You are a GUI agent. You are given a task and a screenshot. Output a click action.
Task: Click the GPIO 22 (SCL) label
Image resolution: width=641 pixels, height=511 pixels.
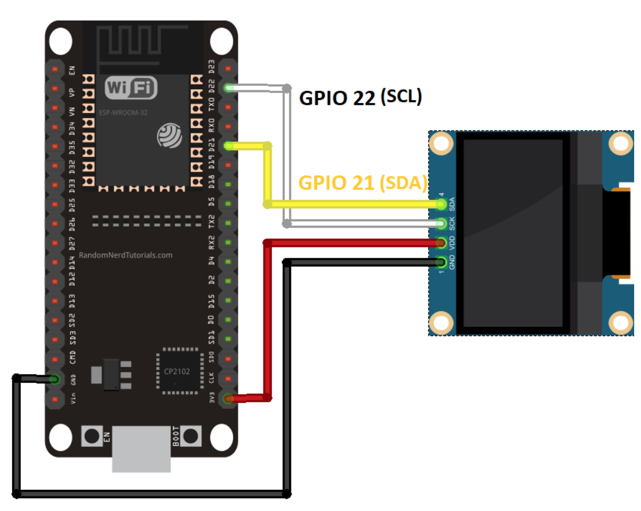point(360,98)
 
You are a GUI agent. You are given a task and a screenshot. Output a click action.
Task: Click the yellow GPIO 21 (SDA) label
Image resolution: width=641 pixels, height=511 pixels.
point(362,183)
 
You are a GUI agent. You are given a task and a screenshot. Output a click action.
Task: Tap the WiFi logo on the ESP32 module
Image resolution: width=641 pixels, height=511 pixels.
point(131,88)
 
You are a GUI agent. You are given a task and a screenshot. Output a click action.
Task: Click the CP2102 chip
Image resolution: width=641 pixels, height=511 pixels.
point(177,372)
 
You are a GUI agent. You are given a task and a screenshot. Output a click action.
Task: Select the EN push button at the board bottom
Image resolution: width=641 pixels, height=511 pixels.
point(91,436)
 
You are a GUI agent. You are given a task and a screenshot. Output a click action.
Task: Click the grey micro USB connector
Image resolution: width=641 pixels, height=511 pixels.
point(141,449)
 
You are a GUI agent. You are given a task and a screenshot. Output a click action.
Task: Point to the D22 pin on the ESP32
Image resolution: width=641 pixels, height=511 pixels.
point(228,88)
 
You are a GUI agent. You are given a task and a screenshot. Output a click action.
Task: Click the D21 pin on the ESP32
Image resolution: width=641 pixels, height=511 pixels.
point(228,145)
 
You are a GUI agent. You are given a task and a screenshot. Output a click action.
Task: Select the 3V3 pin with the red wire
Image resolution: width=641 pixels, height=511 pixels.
point(228,398)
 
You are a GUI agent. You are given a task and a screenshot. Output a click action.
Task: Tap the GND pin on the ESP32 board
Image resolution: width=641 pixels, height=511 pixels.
point(55,379)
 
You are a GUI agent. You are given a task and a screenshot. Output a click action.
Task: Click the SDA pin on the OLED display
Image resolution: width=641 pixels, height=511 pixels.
point(441,204)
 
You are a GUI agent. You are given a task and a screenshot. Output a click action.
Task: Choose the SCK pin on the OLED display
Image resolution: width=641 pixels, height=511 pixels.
point(441,224)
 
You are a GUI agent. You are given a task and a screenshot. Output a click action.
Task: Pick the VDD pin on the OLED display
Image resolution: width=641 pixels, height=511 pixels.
point(441,242)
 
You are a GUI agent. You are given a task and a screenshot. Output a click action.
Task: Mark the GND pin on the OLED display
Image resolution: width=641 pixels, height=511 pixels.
point(441,262)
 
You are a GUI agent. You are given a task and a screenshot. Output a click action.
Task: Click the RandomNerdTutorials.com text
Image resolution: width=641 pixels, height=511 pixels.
point(125,255)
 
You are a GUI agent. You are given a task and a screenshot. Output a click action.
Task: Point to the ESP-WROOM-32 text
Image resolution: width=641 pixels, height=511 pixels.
point(123,113)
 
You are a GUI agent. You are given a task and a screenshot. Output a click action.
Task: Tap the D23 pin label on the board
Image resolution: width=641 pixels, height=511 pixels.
point(212,67)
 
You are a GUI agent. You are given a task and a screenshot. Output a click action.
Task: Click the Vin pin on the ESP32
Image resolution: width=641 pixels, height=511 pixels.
point(55,399)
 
